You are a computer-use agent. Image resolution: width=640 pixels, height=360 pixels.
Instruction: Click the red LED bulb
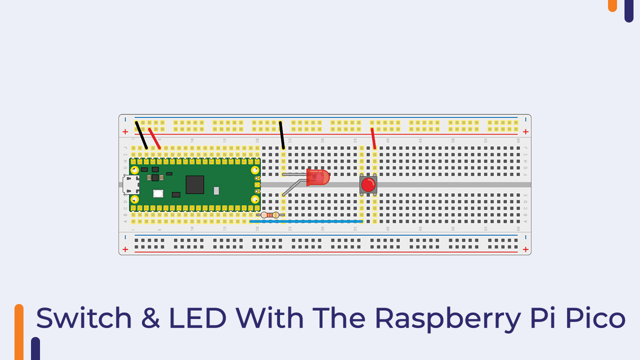[318, 177]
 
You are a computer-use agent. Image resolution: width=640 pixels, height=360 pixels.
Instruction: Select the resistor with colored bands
[270, 215]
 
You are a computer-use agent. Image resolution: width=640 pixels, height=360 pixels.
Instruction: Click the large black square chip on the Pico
[194, 184]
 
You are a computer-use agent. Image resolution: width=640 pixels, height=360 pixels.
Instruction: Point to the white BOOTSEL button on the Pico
[158, 193]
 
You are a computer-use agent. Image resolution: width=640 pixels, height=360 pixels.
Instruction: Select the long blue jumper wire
[306, 221]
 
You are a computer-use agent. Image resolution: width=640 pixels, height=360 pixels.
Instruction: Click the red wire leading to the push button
[373, 138]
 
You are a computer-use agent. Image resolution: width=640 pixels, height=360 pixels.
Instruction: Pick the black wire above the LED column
[281, 135]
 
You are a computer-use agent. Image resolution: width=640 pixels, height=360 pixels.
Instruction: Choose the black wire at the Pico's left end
[141, 135]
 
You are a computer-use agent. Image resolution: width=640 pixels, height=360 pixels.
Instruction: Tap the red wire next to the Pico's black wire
[154, 138]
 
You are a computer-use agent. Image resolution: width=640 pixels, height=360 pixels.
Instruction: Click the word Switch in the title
[84, 318]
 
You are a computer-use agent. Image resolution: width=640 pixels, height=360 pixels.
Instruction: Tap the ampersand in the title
[149, 318]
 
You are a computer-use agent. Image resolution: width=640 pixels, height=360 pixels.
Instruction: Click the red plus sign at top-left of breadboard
[125, 132]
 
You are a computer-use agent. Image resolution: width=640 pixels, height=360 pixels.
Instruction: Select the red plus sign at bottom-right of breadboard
[525, 249]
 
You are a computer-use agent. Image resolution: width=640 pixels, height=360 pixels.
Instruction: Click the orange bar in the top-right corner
[612, 5]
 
